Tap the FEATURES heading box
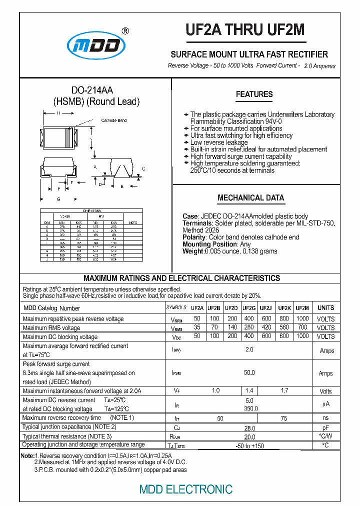(x=254, y=94)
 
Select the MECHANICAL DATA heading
(x=250, y=198)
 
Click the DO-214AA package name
(x=92, y=90)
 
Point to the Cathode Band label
(x=114, y=120)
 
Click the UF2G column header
(x=249, y=308)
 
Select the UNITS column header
(x=326, y=308)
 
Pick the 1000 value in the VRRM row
(x=302, y=319)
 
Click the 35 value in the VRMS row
(x=197, y=327)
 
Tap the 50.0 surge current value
(x=249, y=373)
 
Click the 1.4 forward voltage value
(x=249, y=390)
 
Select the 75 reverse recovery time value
(x=284, y=417)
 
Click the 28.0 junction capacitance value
(x=249, y=427)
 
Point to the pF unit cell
(x=326, y=427)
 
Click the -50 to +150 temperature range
(x=249, y=445)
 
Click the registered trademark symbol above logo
(x=125, y=31)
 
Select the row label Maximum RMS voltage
(x=51, y=328)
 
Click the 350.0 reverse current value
(x=249, y=408)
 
